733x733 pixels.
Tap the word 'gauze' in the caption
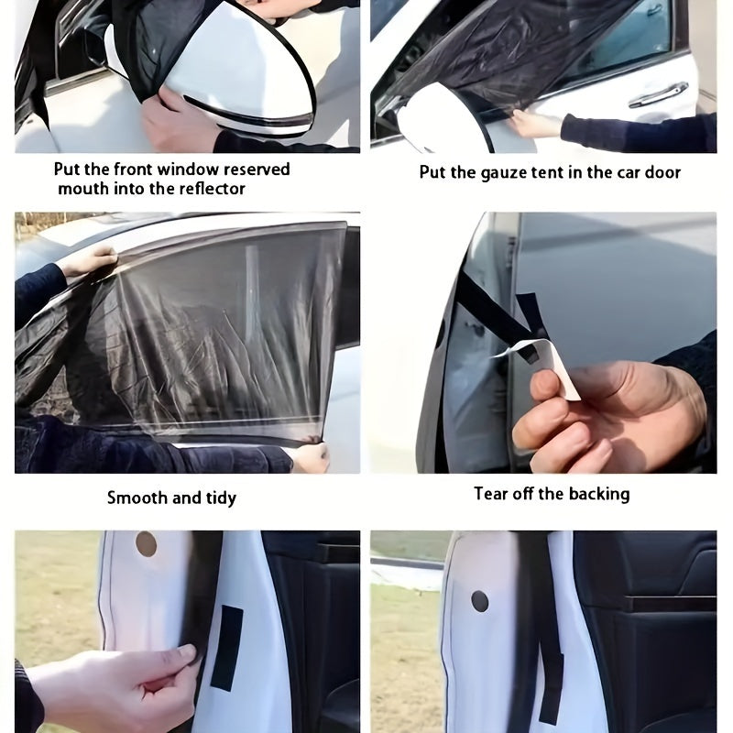[x=505, y=172]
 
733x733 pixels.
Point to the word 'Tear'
[x=490, y=494]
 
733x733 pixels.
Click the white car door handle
[x=658, y=95]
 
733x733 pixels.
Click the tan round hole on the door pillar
[x=146, y=544]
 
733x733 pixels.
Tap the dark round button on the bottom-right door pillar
[x=479, y=602]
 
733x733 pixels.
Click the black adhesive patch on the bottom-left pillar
[x=226, y=647]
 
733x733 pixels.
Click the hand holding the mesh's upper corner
[x=88, y=262]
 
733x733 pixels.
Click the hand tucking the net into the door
[x=531, y=123]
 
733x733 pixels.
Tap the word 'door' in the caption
[x=662, y=172]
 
